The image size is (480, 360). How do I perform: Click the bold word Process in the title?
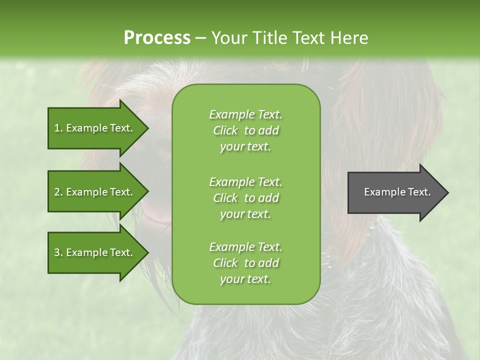tap(157, 38)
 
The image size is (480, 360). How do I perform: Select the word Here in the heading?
tap(349, 38)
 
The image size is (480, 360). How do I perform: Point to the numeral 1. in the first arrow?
tap(58, 128)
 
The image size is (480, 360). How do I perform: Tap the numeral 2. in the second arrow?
tap(58, 192)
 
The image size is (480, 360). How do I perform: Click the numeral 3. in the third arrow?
tap(58, 252)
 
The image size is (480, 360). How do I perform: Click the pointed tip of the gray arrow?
tap(446, 192)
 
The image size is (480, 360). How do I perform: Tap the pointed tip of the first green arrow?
tap(146, 128)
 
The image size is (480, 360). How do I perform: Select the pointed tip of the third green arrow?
tap(146, 252)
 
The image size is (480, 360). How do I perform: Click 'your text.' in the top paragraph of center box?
tap(245, 147)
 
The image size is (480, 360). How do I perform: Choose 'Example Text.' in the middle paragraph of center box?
tap(245, 181)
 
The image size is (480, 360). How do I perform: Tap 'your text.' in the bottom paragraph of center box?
tap(245, 279)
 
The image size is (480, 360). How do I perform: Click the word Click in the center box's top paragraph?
tap(225, 131)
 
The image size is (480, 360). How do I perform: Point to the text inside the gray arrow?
tap(397, 192)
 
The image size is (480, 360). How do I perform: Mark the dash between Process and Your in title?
tap(200, 38)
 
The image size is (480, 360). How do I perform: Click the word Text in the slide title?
tap(308, 38)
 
